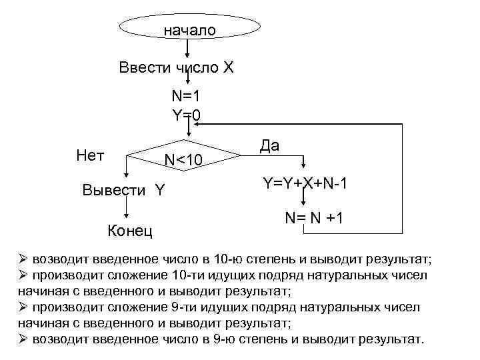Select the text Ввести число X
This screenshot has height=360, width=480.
[175, 68]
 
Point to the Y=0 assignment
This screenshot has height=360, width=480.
[187, 115]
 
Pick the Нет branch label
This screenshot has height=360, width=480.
[90, 156]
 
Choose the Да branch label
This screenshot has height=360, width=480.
[269, 146]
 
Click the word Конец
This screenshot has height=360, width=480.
[130, 231]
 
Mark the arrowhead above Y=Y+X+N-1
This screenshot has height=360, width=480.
[305, 166]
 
